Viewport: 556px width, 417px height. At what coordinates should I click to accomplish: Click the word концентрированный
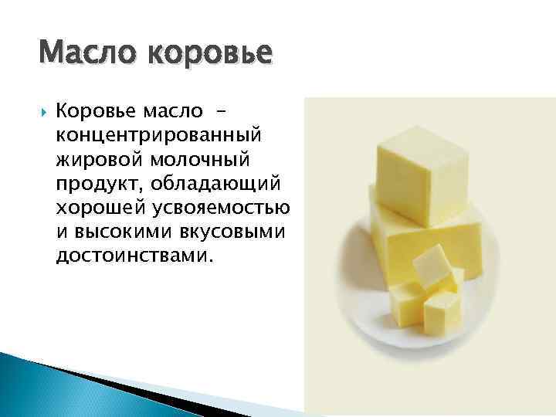[159, 136]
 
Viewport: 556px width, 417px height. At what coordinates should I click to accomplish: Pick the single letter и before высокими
[61, 232]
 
